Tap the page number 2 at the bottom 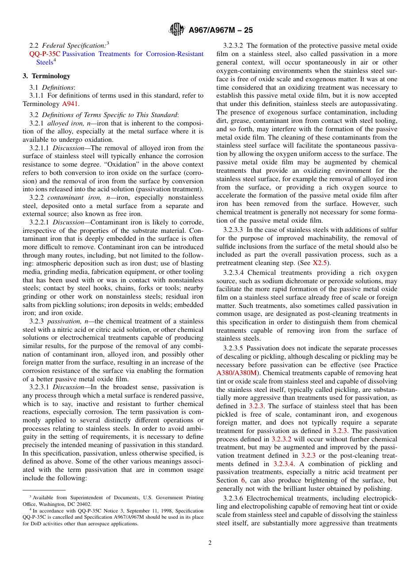coord(210,543)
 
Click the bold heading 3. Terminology coord(46,76)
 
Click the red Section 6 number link coord(243,480)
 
